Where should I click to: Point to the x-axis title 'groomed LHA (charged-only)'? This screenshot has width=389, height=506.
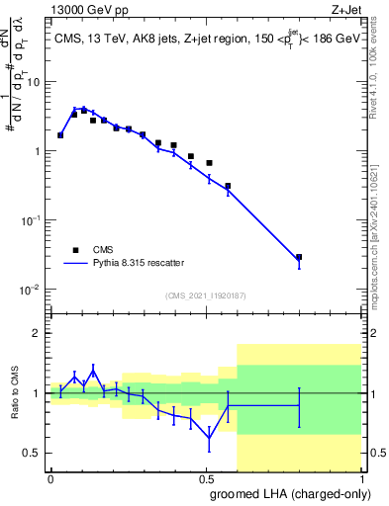287,493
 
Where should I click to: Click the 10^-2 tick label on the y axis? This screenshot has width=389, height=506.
32,290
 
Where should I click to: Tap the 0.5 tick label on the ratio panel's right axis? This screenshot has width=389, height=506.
376,453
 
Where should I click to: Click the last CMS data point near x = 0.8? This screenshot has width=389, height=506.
299,257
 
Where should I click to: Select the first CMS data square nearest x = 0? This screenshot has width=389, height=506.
60,135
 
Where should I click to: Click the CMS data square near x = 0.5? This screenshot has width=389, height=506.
209,162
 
